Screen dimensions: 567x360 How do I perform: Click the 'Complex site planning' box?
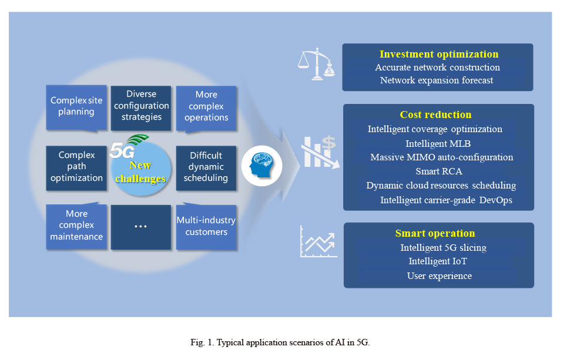pyautogui.click(x=76, y=107)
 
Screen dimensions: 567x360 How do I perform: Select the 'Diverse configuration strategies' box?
pyautogui.click(x=141, y=108)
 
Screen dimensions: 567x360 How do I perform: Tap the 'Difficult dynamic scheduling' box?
pyautogui.click(x=206, y=168)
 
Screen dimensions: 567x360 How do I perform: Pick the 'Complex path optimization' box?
pyautogui.click(x=76, y=168)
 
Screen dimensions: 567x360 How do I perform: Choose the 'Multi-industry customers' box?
pyautogui.click(x=206, y=227)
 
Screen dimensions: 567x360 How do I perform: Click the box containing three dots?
pyautogui.click(x=141, y=227)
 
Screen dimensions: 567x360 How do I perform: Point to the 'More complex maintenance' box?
pyautogui.click(x=76, y=227)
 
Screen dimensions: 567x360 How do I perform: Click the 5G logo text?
pyautogui.click(x=122, y=150)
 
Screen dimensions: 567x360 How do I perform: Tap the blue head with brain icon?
pyautogui.click(x=261, y=166)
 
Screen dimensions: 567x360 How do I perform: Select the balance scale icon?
pyautogui.click(x=317, y=64)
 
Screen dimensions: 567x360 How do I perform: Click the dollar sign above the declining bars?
pyautogui.click(x=328, y=142)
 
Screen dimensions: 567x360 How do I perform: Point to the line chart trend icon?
pyautogui.click(x=318, y=241)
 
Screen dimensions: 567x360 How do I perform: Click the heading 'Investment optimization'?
pyautogui.click(x=439, y=54)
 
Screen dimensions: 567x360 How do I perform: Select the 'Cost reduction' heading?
pyautogui.click(x=436, y=115)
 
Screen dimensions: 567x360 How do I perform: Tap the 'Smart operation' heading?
pyautogui.click(x=435, y=233)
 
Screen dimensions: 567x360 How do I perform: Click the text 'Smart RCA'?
pyautogui.click(x=439, y=171)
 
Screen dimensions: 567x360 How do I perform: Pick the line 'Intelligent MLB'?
pyautogui.click(x=438, y=143)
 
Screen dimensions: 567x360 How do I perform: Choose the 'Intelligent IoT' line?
pyautogui.click(x=438, y=261)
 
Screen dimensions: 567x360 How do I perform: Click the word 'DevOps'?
pyautogui.click(x=496, y=200)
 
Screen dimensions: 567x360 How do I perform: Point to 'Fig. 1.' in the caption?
pyautogui.click(x=203, y=342)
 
